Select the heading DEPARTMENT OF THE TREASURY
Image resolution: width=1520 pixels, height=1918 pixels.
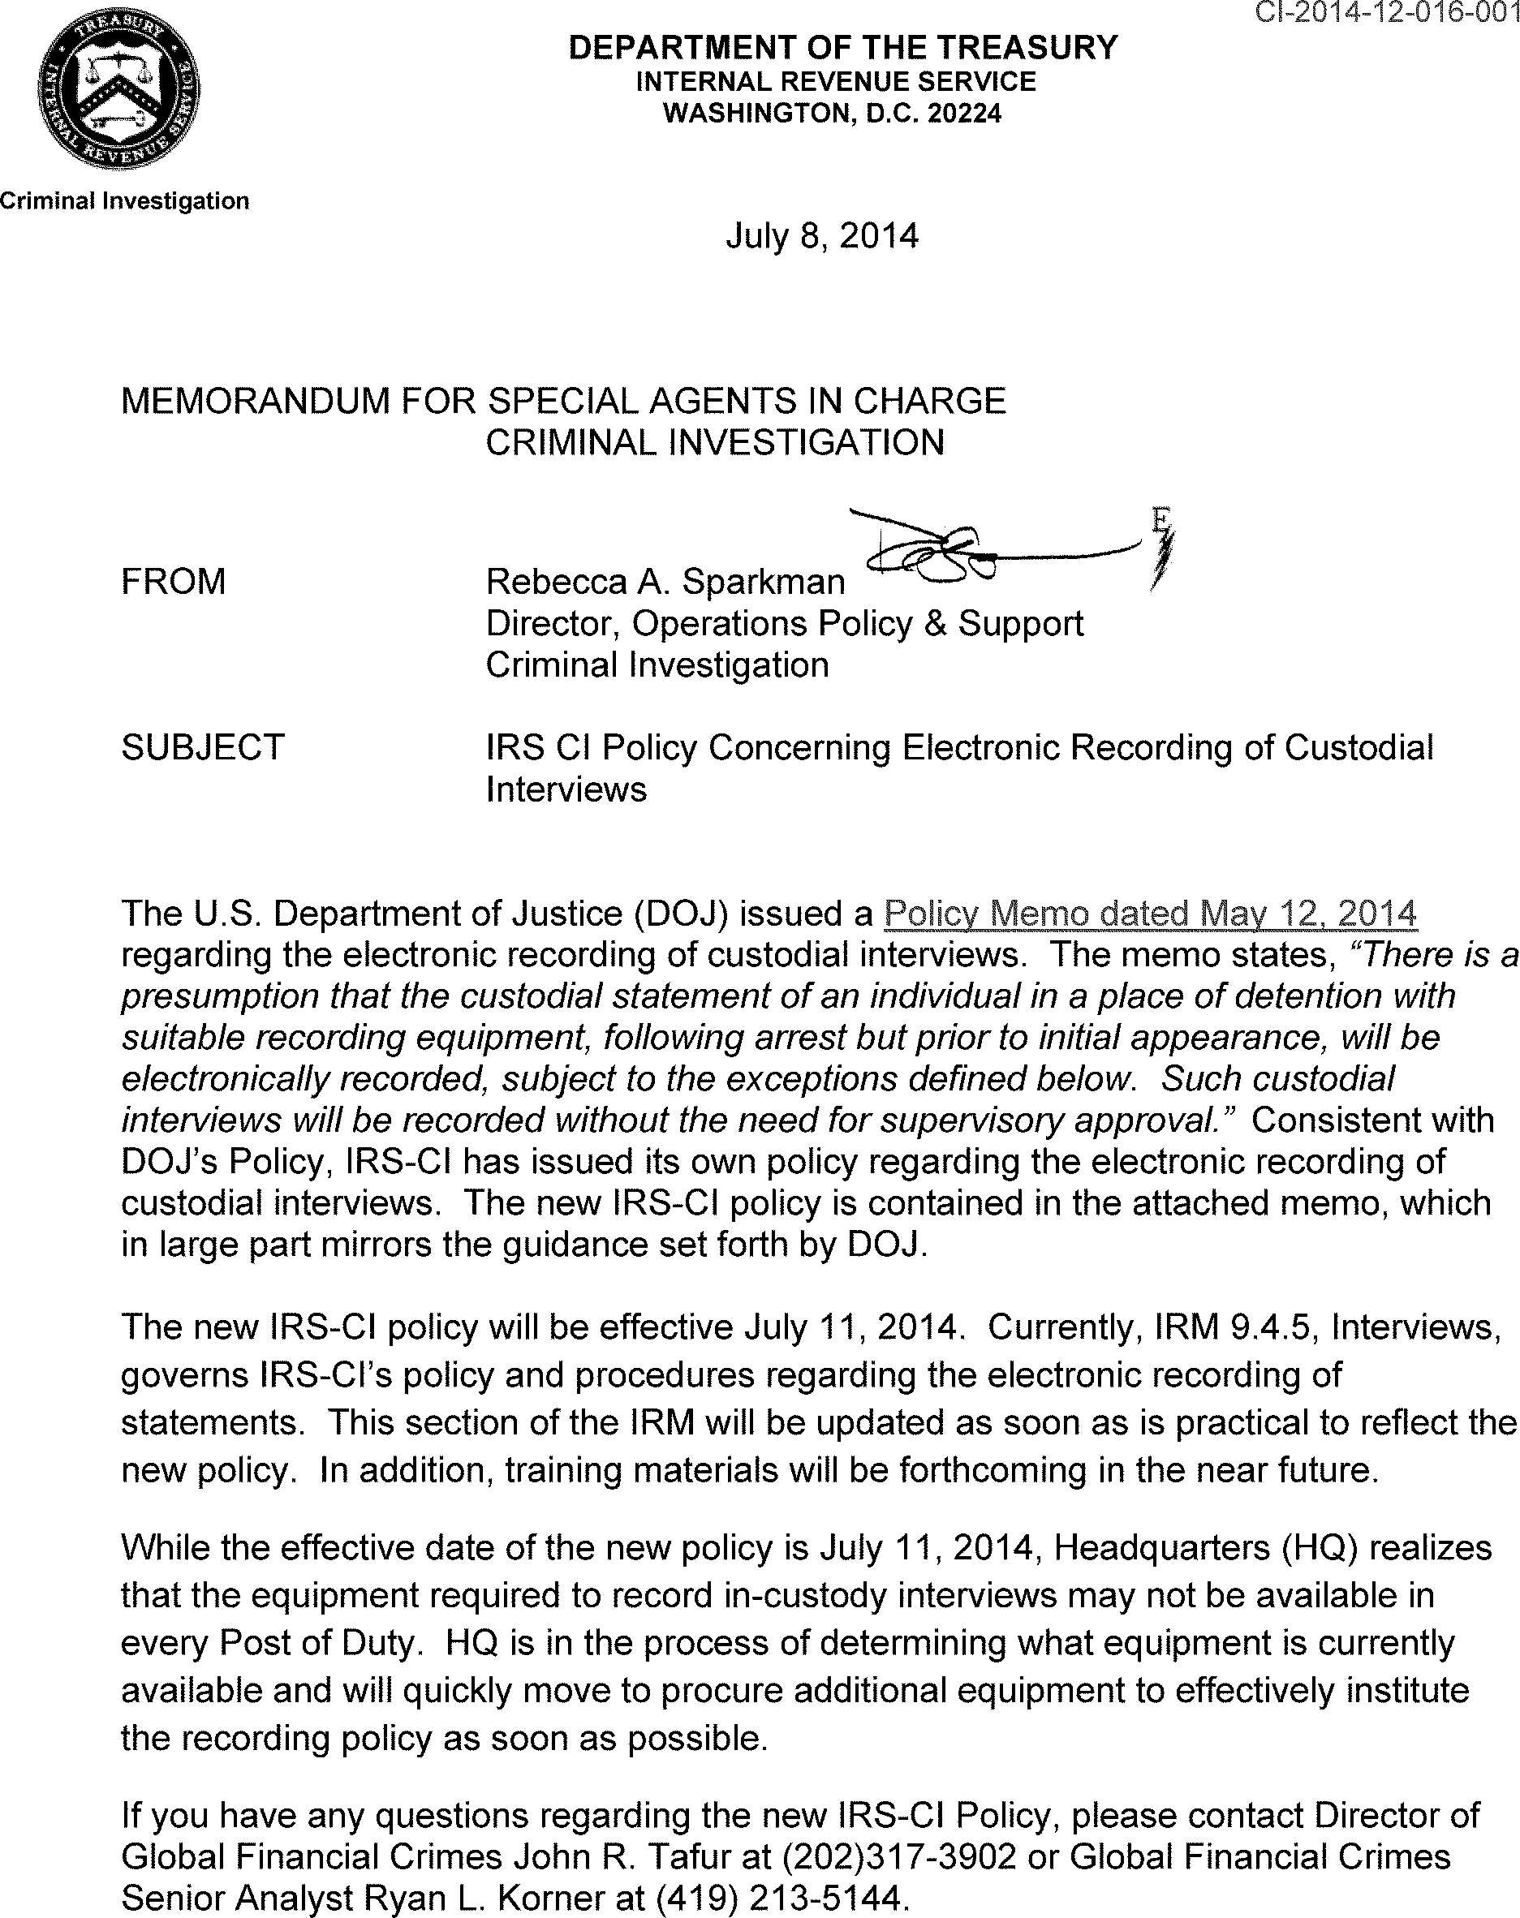(x=842, y=47)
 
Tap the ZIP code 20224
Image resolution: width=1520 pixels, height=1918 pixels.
(x=965, y=114)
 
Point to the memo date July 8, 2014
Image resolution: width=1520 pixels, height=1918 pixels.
(x=821, y=236)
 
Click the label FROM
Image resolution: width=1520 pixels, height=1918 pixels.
(x=174, y=582)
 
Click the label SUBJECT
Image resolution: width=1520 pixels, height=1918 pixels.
(x=203, y=747)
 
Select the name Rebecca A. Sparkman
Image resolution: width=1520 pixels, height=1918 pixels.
(x=665, y=582)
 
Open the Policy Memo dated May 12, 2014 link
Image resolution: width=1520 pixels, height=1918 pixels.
(x=1150, y=914)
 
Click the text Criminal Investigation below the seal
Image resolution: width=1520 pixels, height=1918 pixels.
(x=125, y=201)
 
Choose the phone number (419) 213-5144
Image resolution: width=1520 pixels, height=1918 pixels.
(x=780, y=1899)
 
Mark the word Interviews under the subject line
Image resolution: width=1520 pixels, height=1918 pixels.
(x=566, y=789)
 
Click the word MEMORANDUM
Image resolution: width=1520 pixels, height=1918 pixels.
(x=255, y=402)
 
